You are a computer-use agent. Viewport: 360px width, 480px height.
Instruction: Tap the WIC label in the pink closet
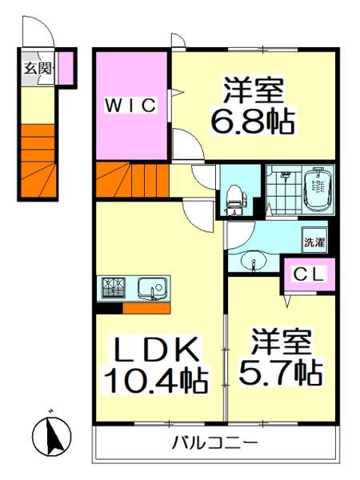131,104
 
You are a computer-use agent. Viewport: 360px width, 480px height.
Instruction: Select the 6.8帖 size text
252,121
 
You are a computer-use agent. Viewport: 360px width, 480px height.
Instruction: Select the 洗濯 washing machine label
313,241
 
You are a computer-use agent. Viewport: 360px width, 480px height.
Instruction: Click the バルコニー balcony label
214,443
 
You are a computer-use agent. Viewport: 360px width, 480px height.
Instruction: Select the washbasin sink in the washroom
253,262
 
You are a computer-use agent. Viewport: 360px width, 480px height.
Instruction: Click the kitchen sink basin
150,289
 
